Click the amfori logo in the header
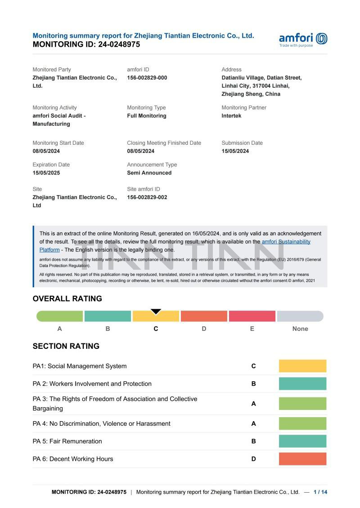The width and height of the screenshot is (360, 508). (303, 39)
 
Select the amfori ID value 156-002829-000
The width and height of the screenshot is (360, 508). (147, 78)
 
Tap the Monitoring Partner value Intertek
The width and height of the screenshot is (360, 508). (231, 116)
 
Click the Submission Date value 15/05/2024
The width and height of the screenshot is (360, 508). (235, 151)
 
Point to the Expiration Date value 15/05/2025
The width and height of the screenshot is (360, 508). (46, 173)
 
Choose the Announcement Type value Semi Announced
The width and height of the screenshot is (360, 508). (149, 173)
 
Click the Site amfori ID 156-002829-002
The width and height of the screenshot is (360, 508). (147, 197)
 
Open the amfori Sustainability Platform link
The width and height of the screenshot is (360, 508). (286, 242)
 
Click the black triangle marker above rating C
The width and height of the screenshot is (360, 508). (156, 312)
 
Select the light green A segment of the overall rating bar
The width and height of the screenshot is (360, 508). (60, 316)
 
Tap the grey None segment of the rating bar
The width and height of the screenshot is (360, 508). (300, 316)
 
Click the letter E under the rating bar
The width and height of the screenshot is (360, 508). (252, 329)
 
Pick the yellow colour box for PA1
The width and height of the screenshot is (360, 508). (302, 366)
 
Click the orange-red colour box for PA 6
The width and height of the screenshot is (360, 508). (302, 459)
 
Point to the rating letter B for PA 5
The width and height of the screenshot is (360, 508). (253, 441)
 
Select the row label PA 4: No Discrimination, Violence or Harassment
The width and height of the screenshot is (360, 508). (101, 423)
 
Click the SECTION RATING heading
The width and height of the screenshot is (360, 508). (66, 346)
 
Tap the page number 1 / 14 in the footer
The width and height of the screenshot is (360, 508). (320, 492)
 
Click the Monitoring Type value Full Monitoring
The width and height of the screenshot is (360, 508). (146, 116)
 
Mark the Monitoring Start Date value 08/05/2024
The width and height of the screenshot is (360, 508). (46, 151)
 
